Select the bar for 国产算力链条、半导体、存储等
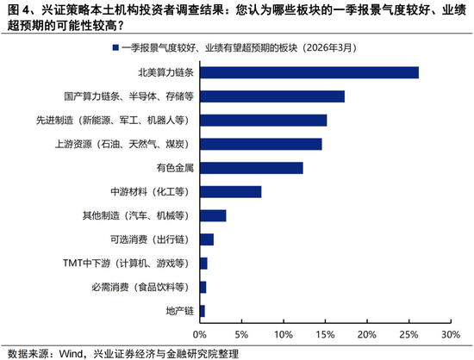click(271, 96)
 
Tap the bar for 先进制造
click(263, 120)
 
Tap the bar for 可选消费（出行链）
click(206, 239)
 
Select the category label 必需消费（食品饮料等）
click(146, 287)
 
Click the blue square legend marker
click(115, 47)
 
